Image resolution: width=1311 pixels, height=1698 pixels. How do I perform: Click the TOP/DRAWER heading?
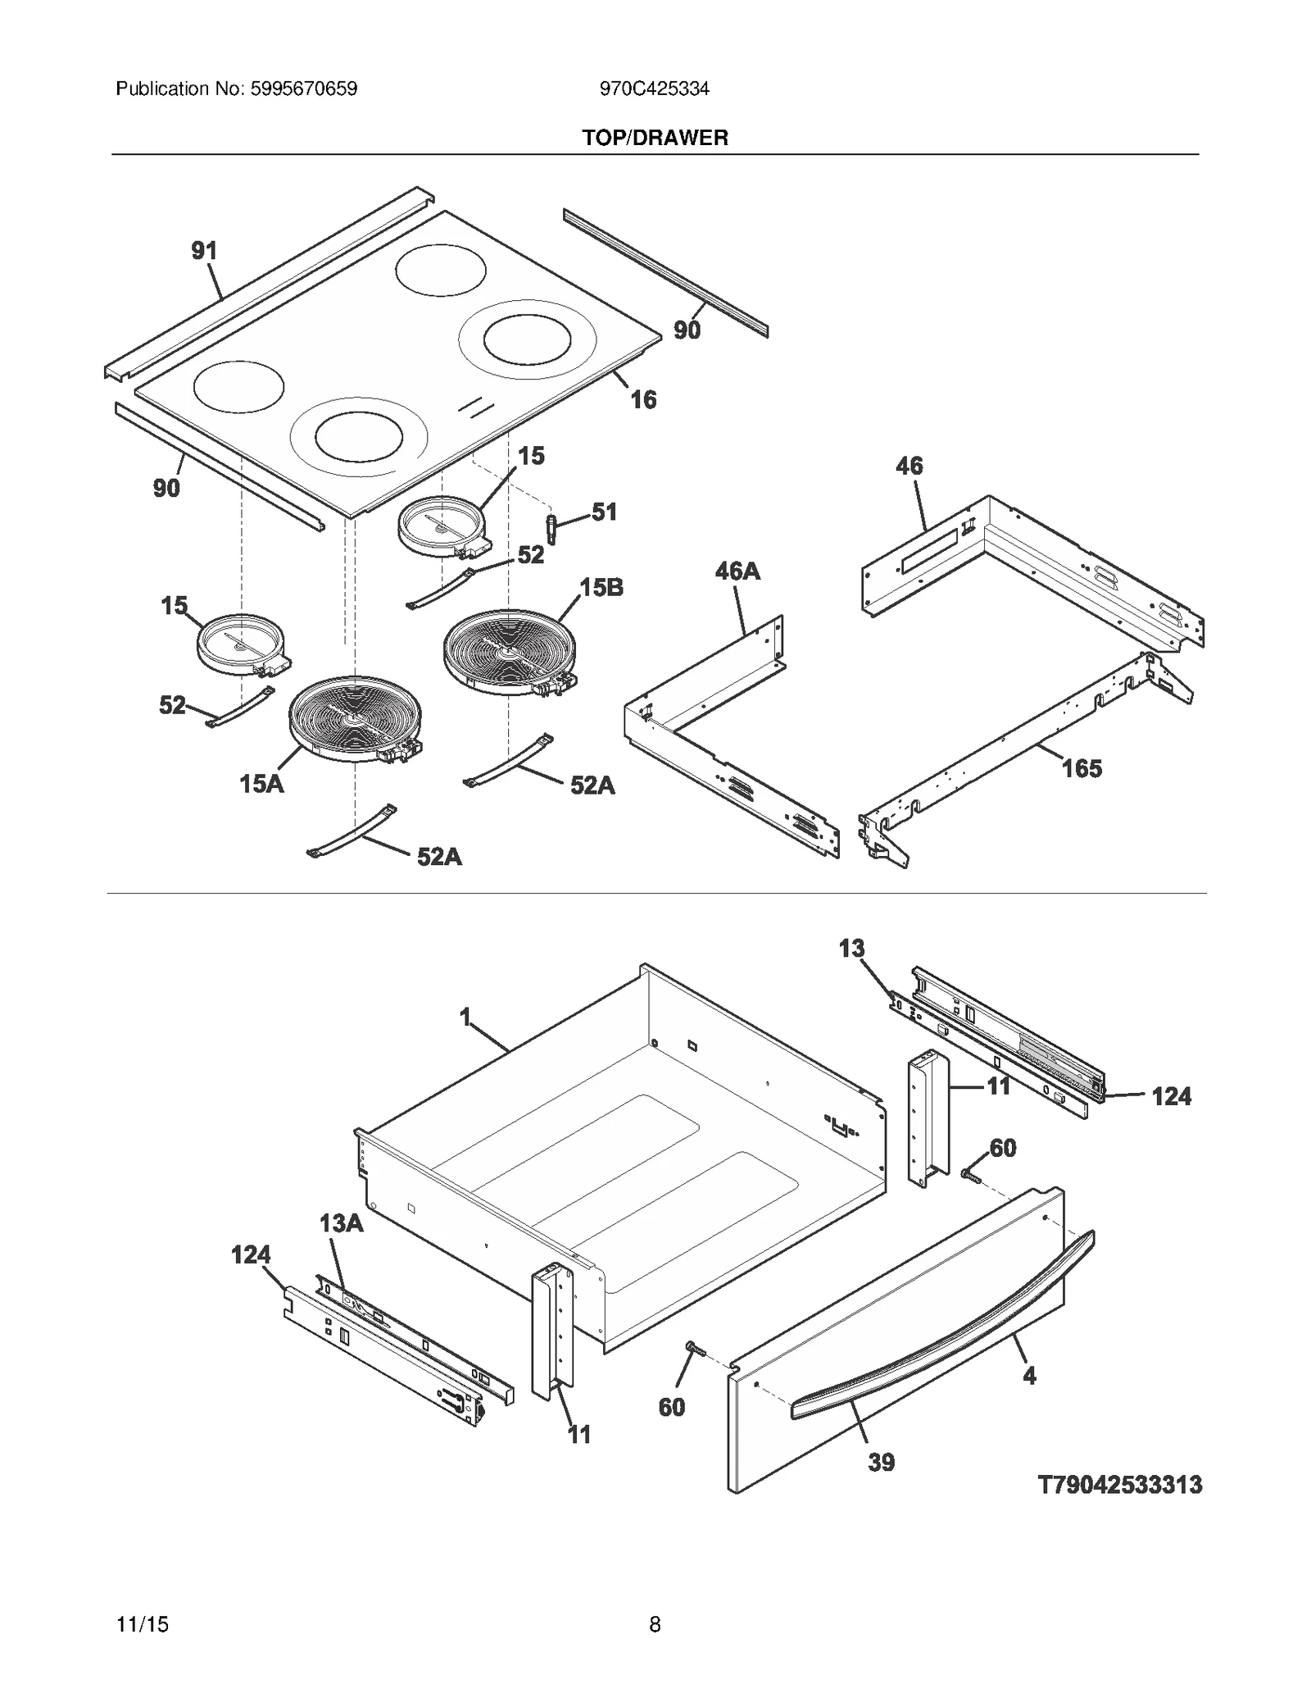(655, 138)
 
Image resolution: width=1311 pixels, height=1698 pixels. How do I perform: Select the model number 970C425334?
(654, 89)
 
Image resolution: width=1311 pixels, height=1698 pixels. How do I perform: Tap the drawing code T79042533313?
(1120, 1484)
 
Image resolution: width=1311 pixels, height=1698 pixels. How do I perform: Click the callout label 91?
(204, 251)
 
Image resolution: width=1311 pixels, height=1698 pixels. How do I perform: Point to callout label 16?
(643, 399)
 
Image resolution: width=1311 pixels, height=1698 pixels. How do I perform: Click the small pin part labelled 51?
(551, 528)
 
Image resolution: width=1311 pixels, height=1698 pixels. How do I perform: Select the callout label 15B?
(601, 587)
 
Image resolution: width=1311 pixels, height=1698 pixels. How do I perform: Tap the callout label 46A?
(737, 571)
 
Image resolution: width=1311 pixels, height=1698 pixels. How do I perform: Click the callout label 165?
(1082, 768)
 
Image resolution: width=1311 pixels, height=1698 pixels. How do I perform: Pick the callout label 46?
(909, 466)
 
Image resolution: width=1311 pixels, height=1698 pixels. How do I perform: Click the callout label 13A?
(341, 1223)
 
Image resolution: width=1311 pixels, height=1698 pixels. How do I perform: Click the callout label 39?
(881, 1462)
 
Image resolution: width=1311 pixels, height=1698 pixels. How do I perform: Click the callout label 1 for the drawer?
(465, 1017)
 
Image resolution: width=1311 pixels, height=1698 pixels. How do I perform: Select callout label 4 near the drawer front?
(1029, 1376)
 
